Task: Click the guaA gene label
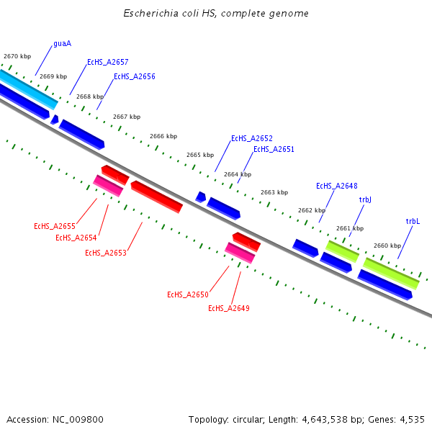pyautogui.click(x=62, y=44)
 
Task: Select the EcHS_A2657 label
pyautogui.click(x=107, y=63)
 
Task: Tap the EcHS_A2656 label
pyautogui.click(x=134, y=76)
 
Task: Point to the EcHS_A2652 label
pyautogui.click(x=251, y=138)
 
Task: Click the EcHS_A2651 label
pyautogui.click(x=274, y=150)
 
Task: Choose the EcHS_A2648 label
pyautogui.click(x=336, y=186)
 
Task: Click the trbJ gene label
pyautogui.click(x=365, y=200)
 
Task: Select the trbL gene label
pyautogui.click(x=413, y=222)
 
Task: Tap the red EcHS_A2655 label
pyautogui.click(x=54, y=226)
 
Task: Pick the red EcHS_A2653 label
pyautogui.click(x=105, y=253)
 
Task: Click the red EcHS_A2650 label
pyautogui.click(x=187, y=294)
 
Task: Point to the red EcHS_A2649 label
pyautogui.click(x=228, y=308)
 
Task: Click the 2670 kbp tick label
pyautogui.click(x=17, y=56)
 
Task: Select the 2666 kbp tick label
pyautogui.click(x=163, y=136)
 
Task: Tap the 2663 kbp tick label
pyautogui.click(x=274, y=192)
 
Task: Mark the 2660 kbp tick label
pyautogui.click(x=387, y=246)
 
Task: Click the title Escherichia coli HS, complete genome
pyautogui.click(x=216, y=14)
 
